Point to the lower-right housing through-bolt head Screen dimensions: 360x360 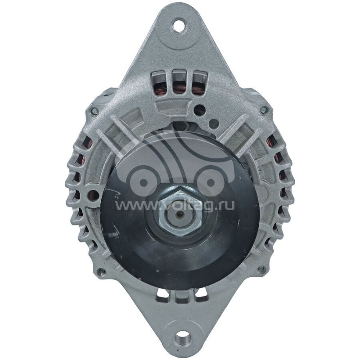pyautogui.click(x=261, y=270)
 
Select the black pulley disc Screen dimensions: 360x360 pyautogui.click(x=135, y=234)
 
